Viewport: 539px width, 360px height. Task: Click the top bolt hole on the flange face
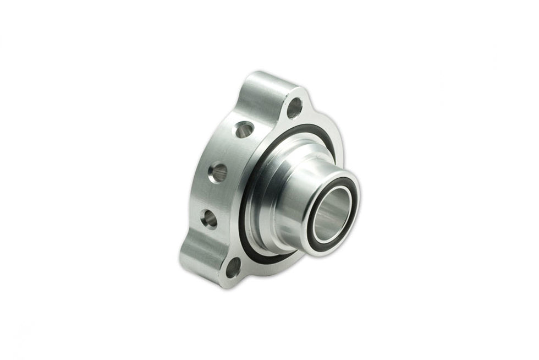pyautogui.click(x=295, y=108)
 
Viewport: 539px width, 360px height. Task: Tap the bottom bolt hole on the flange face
pyautogui.click(x=234, y=268)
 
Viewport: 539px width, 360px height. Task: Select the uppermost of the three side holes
pyautogui.click(x=245, y=130)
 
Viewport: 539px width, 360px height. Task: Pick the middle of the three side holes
pyautogui.click(x=218, y=173)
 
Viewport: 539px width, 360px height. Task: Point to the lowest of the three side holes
pyautogui.click(x=210, y=219)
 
